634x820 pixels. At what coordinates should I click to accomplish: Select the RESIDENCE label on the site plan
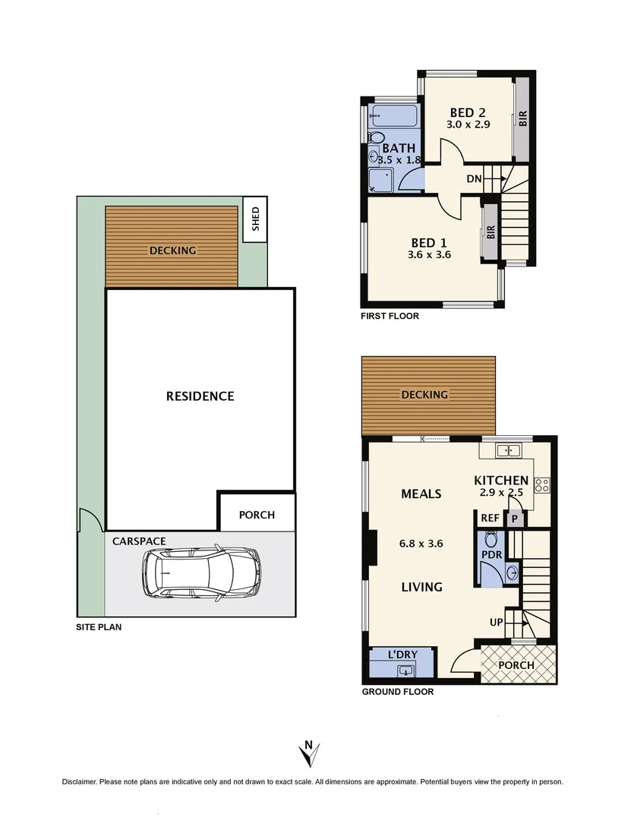[200, 396]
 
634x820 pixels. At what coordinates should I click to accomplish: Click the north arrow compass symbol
[308, 755]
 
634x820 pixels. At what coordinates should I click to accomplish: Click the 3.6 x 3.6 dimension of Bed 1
[429, 255]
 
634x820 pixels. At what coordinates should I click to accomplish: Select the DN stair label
[474, 179]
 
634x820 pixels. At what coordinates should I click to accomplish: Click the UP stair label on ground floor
[497, 623]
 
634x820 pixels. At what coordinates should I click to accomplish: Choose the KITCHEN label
[501, 480]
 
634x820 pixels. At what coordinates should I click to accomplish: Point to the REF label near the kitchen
[489, 519]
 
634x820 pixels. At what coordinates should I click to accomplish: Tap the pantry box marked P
[514, 519]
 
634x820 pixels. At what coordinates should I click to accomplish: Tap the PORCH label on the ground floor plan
[516, 665]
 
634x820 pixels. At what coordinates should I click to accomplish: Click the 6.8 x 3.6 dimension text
[421, 543]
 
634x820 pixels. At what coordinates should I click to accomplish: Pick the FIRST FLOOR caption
[390, 316]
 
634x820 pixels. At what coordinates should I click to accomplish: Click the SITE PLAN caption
[98, 627]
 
